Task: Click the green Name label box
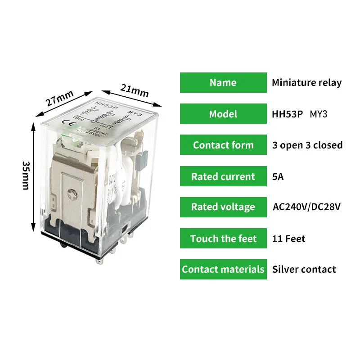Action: coord(223,83)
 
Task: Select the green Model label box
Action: coord(223,114)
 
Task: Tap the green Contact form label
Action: coord(223,145)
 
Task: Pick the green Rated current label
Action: coord(223,176)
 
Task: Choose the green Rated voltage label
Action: coord(223,207)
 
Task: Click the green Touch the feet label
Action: coord(223,238)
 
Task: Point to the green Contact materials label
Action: coord(223,270)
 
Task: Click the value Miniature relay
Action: coord(306,83)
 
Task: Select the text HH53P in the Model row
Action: coord(288,114)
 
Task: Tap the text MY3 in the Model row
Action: coord(319,114)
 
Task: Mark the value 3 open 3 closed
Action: coord(307,145)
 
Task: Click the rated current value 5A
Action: coord(278,176)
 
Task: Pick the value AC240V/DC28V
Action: coord(306,207)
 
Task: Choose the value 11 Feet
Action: coord(288,238)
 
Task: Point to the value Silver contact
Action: coord(304,270)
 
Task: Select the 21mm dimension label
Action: coord(134,90)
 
